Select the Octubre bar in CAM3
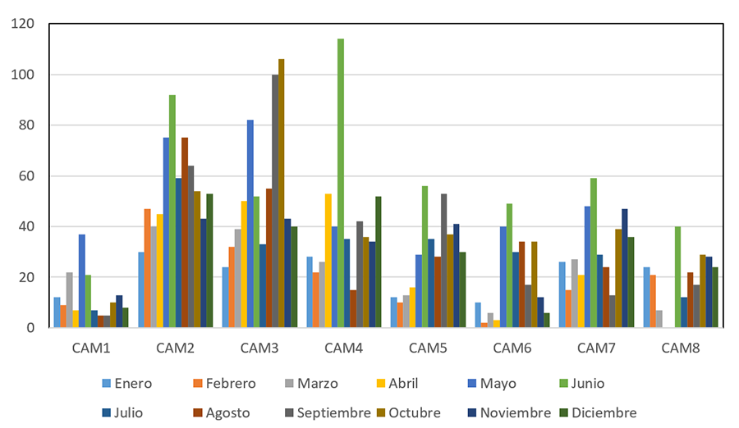click(281, 194)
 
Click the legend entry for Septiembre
click(333, 412)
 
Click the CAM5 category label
click(428, 348)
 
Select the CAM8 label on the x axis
click(681, 348)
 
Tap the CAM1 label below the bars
click(91, 348)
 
